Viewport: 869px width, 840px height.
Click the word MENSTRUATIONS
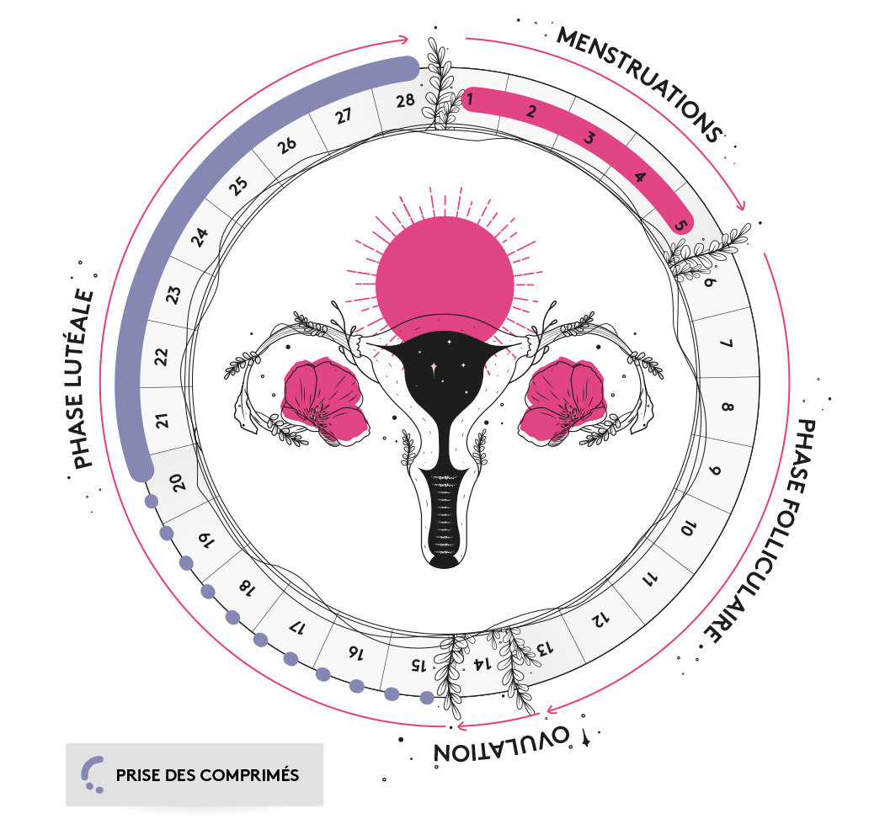[640, 84]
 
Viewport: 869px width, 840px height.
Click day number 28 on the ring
[405, 101]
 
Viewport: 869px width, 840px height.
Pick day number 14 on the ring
[481, 664]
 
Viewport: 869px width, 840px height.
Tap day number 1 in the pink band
[470, 101]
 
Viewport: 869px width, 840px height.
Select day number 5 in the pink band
[682, 226]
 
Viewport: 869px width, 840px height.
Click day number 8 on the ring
[728, 409]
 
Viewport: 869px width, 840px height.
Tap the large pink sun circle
[444, 266]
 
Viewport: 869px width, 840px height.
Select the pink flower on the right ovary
[564, 396]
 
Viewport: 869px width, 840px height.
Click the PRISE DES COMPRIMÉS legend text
[207, 775]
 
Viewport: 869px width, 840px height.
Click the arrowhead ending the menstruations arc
[741, 207]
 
